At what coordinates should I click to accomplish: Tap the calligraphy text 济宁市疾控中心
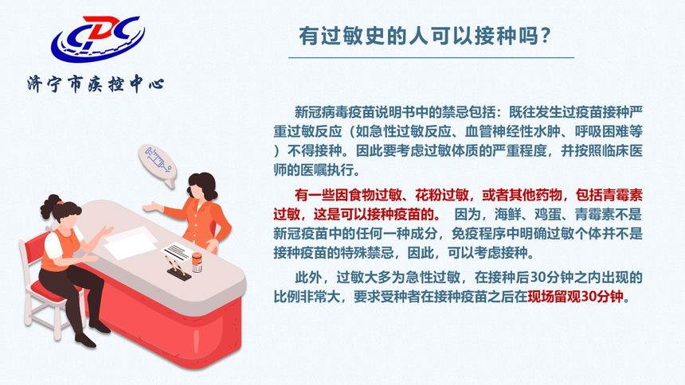tap(95, 83)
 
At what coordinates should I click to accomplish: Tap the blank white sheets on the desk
tap(131, 243)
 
